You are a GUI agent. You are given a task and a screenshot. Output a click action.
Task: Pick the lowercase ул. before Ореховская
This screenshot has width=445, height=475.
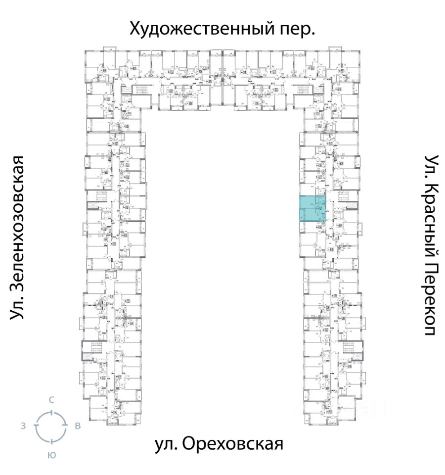[166, 444]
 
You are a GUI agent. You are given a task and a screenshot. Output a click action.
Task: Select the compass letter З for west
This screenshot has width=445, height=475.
[24, 427]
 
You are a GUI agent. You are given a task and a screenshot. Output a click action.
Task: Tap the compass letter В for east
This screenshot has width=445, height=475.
[78, 427]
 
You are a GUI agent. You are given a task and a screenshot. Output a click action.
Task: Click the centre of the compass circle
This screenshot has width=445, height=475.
[50, 427]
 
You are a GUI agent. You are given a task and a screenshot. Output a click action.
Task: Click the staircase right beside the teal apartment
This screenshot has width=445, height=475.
[345, 200]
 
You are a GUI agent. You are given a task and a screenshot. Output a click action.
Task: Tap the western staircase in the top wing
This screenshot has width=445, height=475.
[140, 91]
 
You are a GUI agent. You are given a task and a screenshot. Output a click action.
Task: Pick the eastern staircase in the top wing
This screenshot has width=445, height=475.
[303, 91]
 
